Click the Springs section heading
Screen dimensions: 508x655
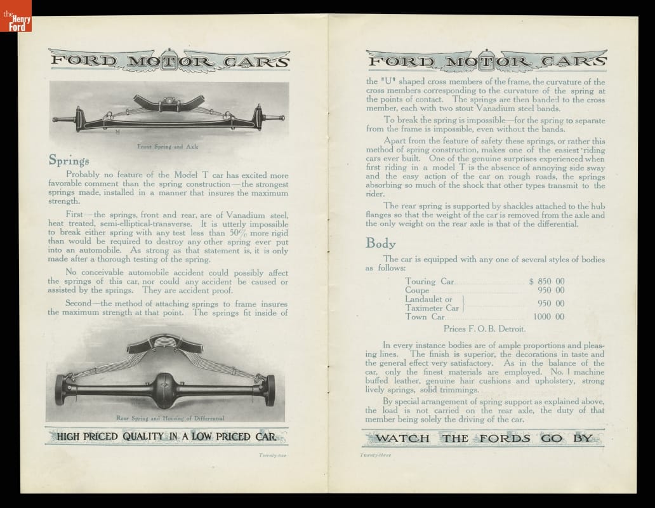point(69,161)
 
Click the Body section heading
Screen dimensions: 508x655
point(380,243)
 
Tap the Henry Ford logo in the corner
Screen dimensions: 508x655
point(15,16)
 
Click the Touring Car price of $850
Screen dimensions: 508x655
point(546,281)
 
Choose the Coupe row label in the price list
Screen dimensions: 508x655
point(418,290)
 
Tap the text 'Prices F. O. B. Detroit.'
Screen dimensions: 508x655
point(485,329)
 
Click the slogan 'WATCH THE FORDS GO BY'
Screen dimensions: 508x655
point(484,438)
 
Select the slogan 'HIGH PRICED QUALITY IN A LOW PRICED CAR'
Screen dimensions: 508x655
point(166,436)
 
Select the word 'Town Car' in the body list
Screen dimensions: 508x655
point(425,317)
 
